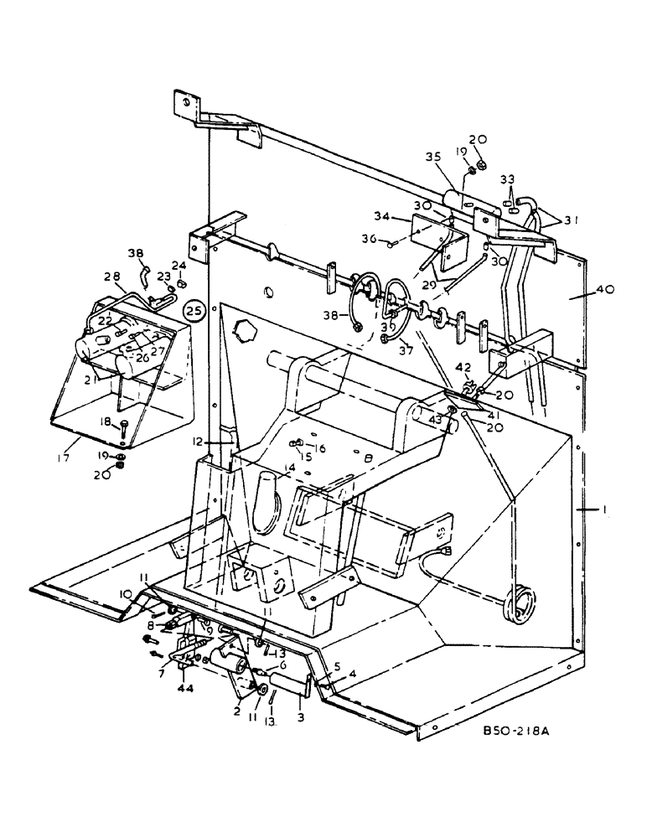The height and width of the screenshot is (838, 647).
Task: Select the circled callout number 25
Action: coord(194,311)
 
